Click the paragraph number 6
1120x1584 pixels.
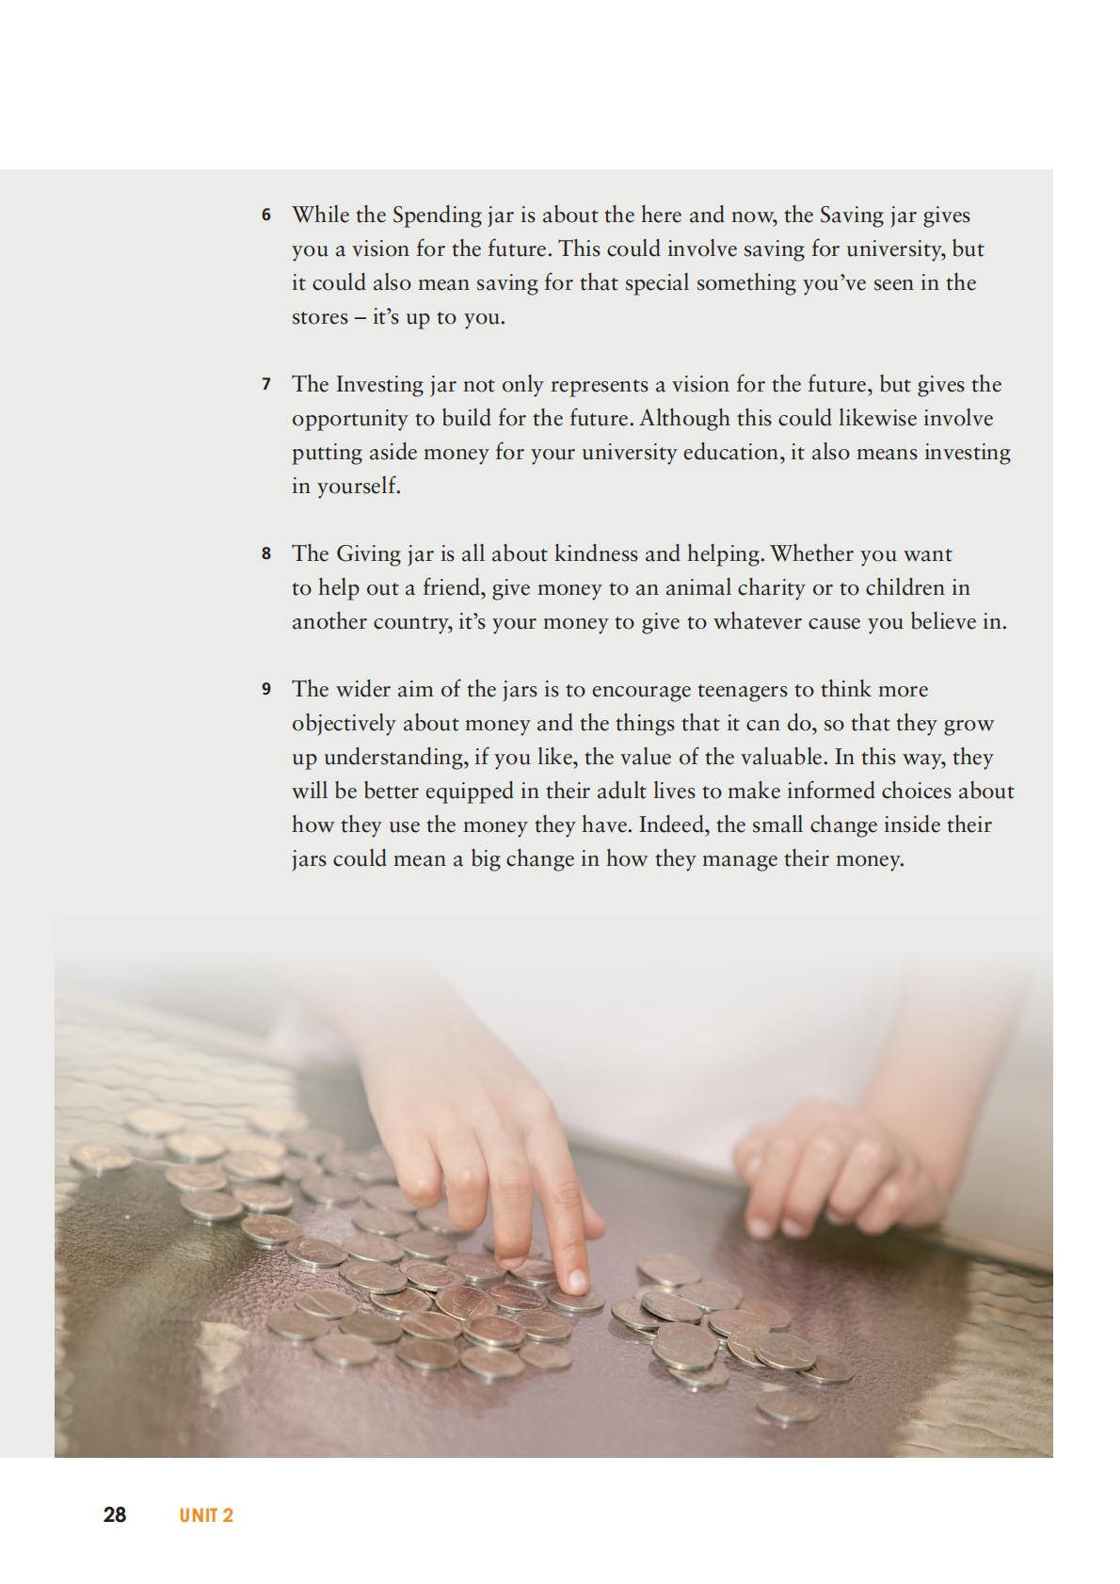point(266,216)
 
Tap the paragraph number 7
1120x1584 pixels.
point(266,385)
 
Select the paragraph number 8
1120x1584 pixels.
point(266,554)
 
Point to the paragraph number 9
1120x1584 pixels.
point(266,690)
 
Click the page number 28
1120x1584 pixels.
point(115,1515)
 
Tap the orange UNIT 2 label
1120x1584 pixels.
point(205,1516)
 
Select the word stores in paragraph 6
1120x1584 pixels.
point(319,317)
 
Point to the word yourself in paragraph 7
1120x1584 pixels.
point(345,487)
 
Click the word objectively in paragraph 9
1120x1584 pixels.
point(344,724)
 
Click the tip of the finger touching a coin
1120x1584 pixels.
point(575,1281)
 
